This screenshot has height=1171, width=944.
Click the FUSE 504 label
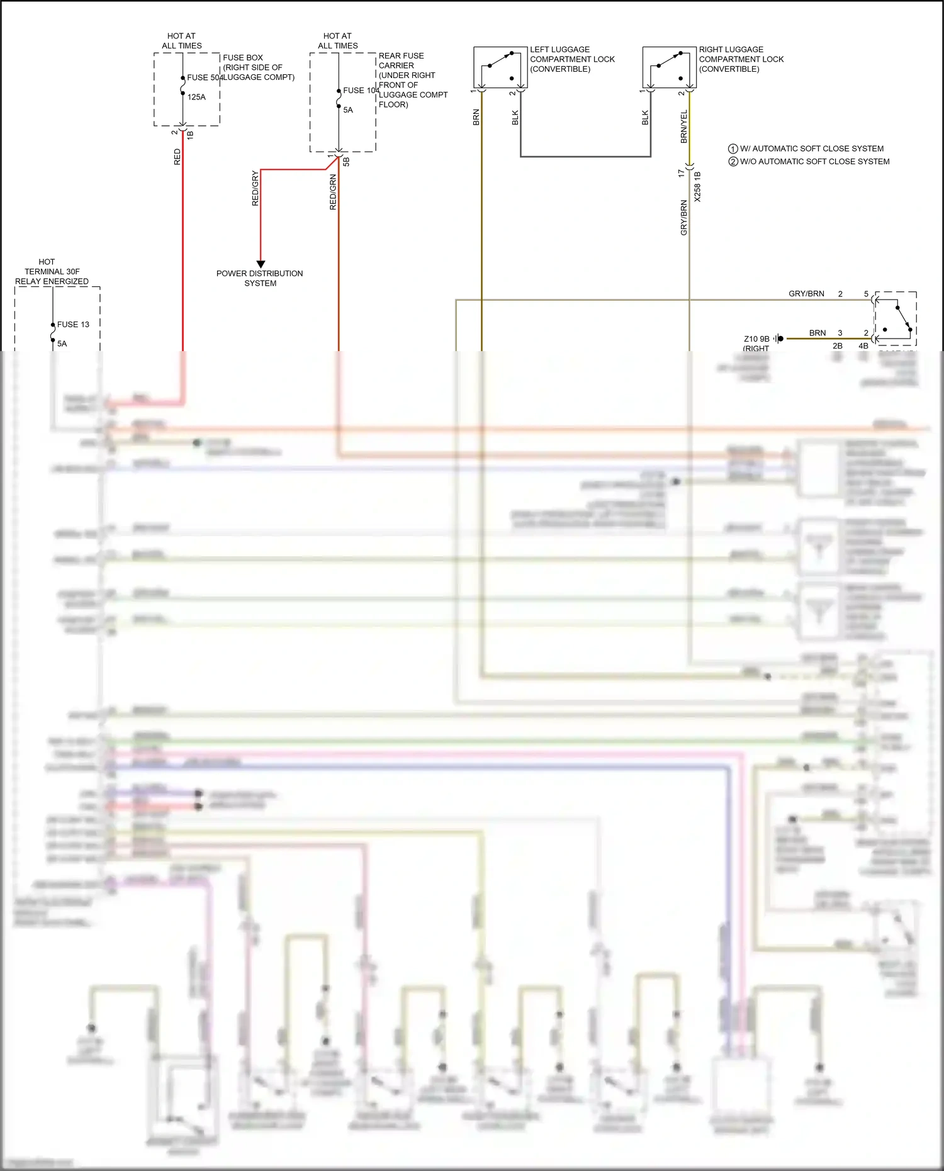click(x=205, y=77)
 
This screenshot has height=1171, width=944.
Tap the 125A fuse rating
click(x=196, y=97)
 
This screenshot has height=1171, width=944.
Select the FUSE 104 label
click(x=361, y=91)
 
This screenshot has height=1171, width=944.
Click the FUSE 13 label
click(x=73, y=325)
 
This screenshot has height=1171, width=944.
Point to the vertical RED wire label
click(x=177, y=157)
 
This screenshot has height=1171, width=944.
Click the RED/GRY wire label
click(x=255, y=188)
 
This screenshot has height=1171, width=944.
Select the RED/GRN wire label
click(x=333, y=192)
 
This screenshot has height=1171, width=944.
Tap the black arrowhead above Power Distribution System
click(x=261, y=264)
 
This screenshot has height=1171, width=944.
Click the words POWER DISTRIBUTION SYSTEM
click(x=260, y=278)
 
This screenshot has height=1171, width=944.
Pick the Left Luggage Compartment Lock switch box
click(x=500, y=67)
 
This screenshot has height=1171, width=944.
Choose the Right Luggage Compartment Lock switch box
click(x=670, y=67)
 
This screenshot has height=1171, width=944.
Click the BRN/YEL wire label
click(x=684, y=126)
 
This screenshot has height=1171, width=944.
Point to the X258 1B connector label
click(x=697, y=186)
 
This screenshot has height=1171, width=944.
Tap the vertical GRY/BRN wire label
click(x=684, y=218)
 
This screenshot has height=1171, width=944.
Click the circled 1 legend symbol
click(x=733, y=149)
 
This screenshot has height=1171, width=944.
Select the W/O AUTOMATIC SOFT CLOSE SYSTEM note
click(x=814, y=162)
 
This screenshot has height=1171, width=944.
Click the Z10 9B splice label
click(x=756, y=339)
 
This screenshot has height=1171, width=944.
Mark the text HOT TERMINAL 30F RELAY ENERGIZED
click(x=52, y=271)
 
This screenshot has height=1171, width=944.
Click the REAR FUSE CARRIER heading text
click(x=401, y=60)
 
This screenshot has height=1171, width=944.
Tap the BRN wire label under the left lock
click(x=476, y=118)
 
